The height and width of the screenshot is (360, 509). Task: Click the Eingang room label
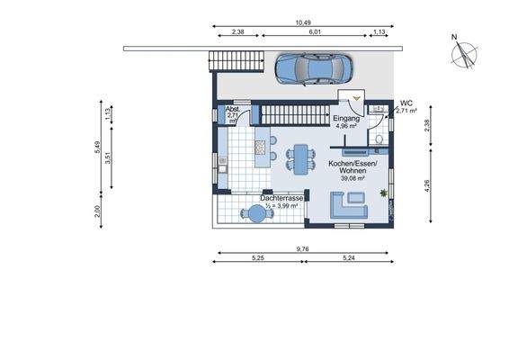click(x=346, y=119)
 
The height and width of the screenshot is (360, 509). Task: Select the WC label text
click(x=406, y=103)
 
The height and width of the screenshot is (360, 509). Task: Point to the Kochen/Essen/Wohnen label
click(x=353, y=166)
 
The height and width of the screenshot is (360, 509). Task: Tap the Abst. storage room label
click(x=232, y=109)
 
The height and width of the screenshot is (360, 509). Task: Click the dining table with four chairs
click(x=301, y=157)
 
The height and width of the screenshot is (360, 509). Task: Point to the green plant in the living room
click(x=386, y=193)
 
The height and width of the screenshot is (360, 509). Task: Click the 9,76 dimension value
click(x=304, y=249)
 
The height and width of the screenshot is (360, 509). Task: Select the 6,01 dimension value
click(x=316, y=31)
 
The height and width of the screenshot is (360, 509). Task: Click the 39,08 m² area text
click(x=353, y=178)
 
